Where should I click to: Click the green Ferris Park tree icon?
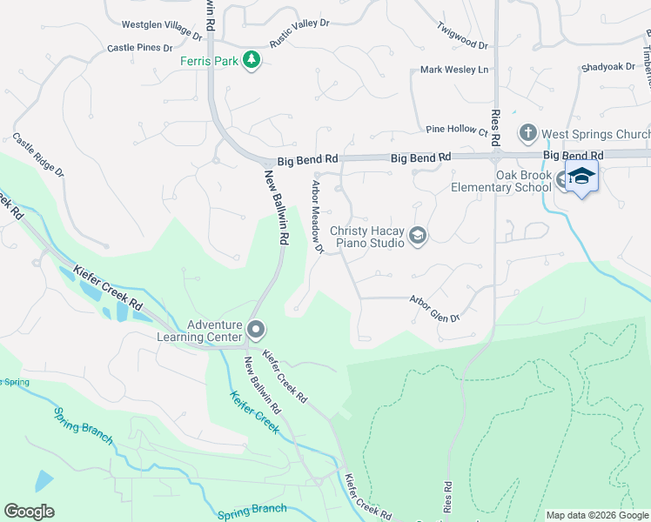point(252,60)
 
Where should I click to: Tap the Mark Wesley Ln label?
point(454,70)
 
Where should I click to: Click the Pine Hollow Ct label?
point(457,129)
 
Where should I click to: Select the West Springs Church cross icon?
point(527,134)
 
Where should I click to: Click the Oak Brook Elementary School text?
point(500,181)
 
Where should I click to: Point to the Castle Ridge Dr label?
point(38,156)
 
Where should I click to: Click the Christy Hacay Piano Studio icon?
point(418,236)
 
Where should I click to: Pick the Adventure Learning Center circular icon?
point(256,330)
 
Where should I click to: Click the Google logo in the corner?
point(29,512)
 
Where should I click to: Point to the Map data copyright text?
point(597,515)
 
